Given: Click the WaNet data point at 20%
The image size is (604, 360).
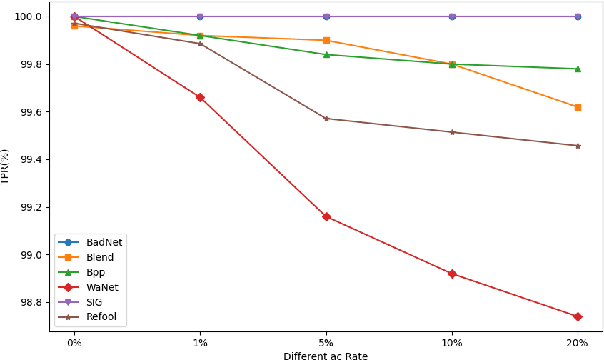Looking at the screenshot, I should click(x=578, y=316).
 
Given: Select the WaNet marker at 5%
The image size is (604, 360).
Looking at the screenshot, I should click(x=326, y=216).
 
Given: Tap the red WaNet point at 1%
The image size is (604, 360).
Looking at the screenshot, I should click(x=200, y=97).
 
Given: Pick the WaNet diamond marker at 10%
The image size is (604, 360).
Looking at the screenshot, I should click(x=452, y=273).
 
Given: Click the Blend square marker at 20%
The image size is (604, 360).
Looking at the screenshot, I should click(x=578, y=107).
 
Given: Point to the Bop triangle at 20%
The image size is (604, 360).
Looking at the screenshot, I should click(x=578, y=69).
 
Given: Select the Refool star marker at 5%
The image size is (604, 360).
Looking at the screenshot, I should click(x=326, y=118).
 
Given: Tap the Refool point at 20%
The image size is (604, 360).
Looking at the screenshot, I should click(x=578, y=145).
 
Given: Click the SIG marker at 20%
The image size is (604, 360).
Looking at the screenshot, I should click(x=578, y=17).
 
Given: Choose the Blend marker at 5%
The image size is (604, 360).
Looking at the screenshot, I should click(x=326, y=40).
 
